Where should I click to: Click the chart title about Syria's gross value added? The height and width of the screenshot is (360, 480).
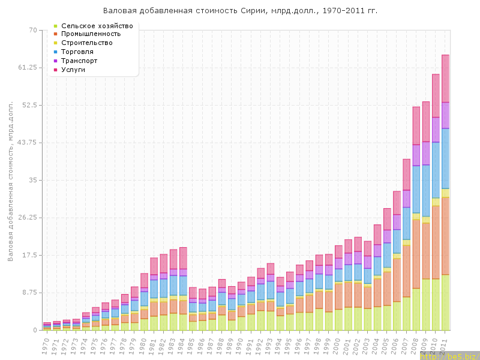(240, 11)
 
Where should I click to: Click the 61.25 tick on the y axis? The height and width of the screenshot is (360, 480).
(27, 68)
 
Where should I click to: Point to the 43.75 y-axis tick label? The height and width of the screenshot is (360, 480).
(27, 143)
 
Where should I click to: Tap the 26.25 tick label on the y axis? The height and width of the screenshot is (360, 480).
(27, 218)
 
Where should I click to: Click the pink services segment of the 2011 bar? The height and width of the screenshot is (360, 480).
(446, 78)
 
